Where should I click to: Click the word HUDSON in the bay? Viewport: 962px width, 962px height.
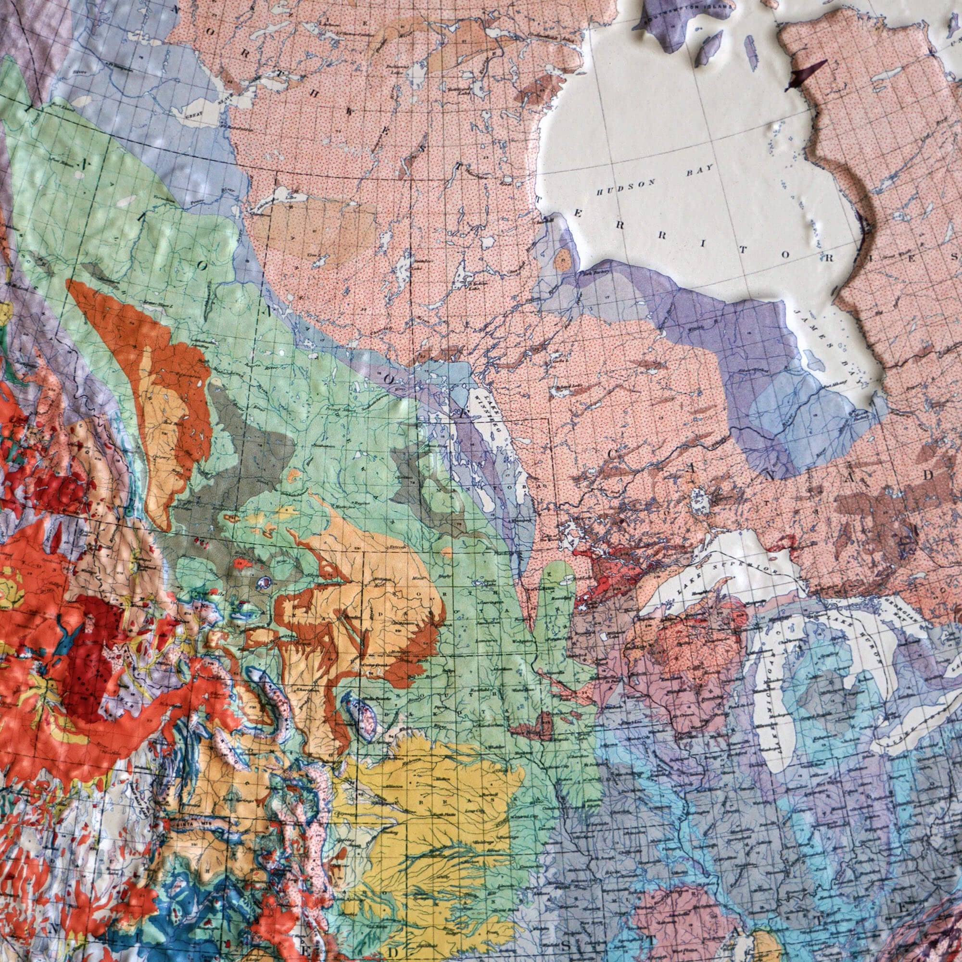(625, 188)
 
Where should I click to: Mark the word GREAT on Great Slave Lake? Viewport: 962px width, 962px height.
(193, 114)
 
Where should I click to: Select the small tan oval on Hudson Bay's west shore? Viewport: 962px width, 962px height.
(563, 259)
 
